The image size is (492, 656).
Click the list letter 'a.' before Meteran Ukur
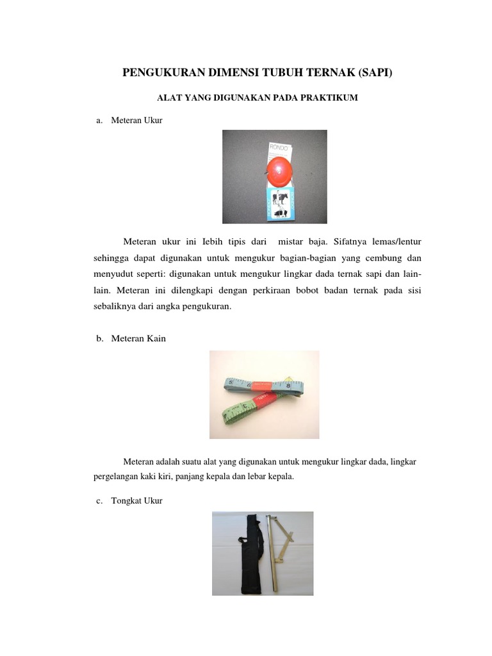(x=99, y=120)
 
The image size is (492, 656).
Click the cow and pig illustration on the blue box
(x=279, y=204)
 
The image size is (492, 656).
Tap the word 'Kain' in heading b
(x=156, y=338)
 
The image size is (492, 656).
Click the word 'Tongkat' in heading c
(x=126, y=500)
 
